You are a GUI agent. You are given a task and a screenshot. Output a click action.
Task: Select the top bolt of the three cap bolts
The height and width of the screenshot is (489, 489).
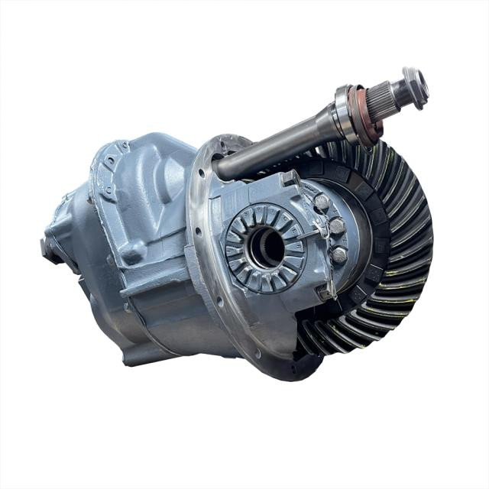click(321, 203)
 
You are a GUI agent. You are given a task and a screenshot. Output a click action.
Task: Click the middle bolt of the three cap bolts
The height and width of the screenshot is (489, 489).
click(336, 226)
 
